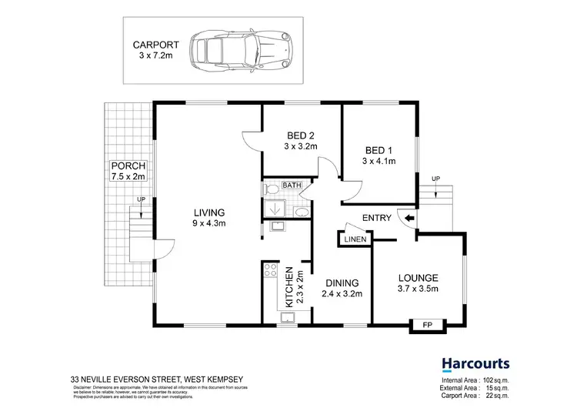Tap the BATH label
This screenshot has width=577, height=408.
292,186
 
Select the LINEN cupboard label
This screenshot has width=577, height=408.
355,239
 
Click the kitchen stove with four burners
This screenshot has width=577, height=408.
270,271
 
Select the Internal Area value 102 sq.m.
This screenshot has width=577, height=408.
492,380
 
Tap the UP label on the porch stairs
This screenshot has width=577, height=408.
140,200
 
